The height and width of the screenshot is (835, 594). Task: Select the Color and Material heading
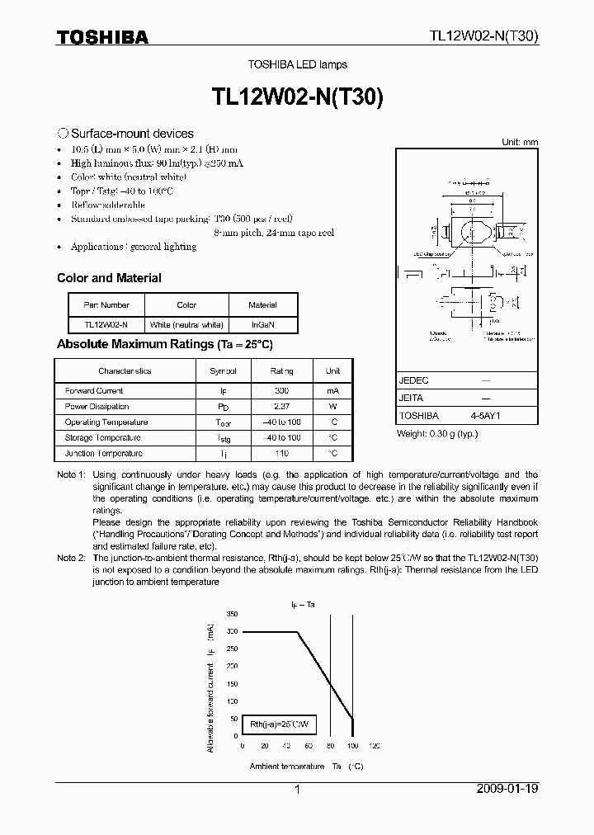[x=109, y=278]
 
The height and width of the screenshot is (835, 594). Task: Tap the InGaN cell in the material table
[x=263, y=325]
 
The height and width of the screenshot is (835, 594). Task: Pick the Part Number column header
[x=106, y=304]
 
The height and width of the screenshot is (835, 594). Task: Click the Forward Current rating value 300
[x=281, y=391]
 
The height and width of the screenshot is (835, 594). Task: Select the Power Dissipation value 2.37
[x=281, y=407]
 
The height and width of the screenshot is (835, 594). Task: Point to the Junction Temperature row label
[x=103, y=454]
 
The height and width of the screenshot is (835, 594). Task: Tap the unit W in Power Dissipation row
[x=332, y=407]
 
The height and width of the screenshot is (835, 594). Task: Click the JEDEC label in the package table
[x=413, y=381]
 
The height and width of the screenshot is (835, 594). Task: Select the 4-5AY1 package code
[x=485, y=417]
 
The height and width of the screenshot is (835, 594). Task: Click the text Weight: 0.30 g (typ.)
[x=436, y=434]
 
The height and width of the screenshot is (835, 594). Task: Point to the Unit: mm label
[x=520, y=142]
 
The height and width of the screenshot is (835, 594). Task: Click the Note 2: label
[x=70, y=559]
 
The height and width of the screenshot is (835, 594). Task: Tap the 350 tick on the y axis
[x=231, y=616]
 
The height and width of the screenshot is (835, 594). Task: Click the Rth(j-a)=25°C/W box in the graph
[x=279, y=724]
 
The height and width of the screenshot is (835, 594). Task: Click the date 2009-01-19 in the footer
[x=507, y=790]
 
